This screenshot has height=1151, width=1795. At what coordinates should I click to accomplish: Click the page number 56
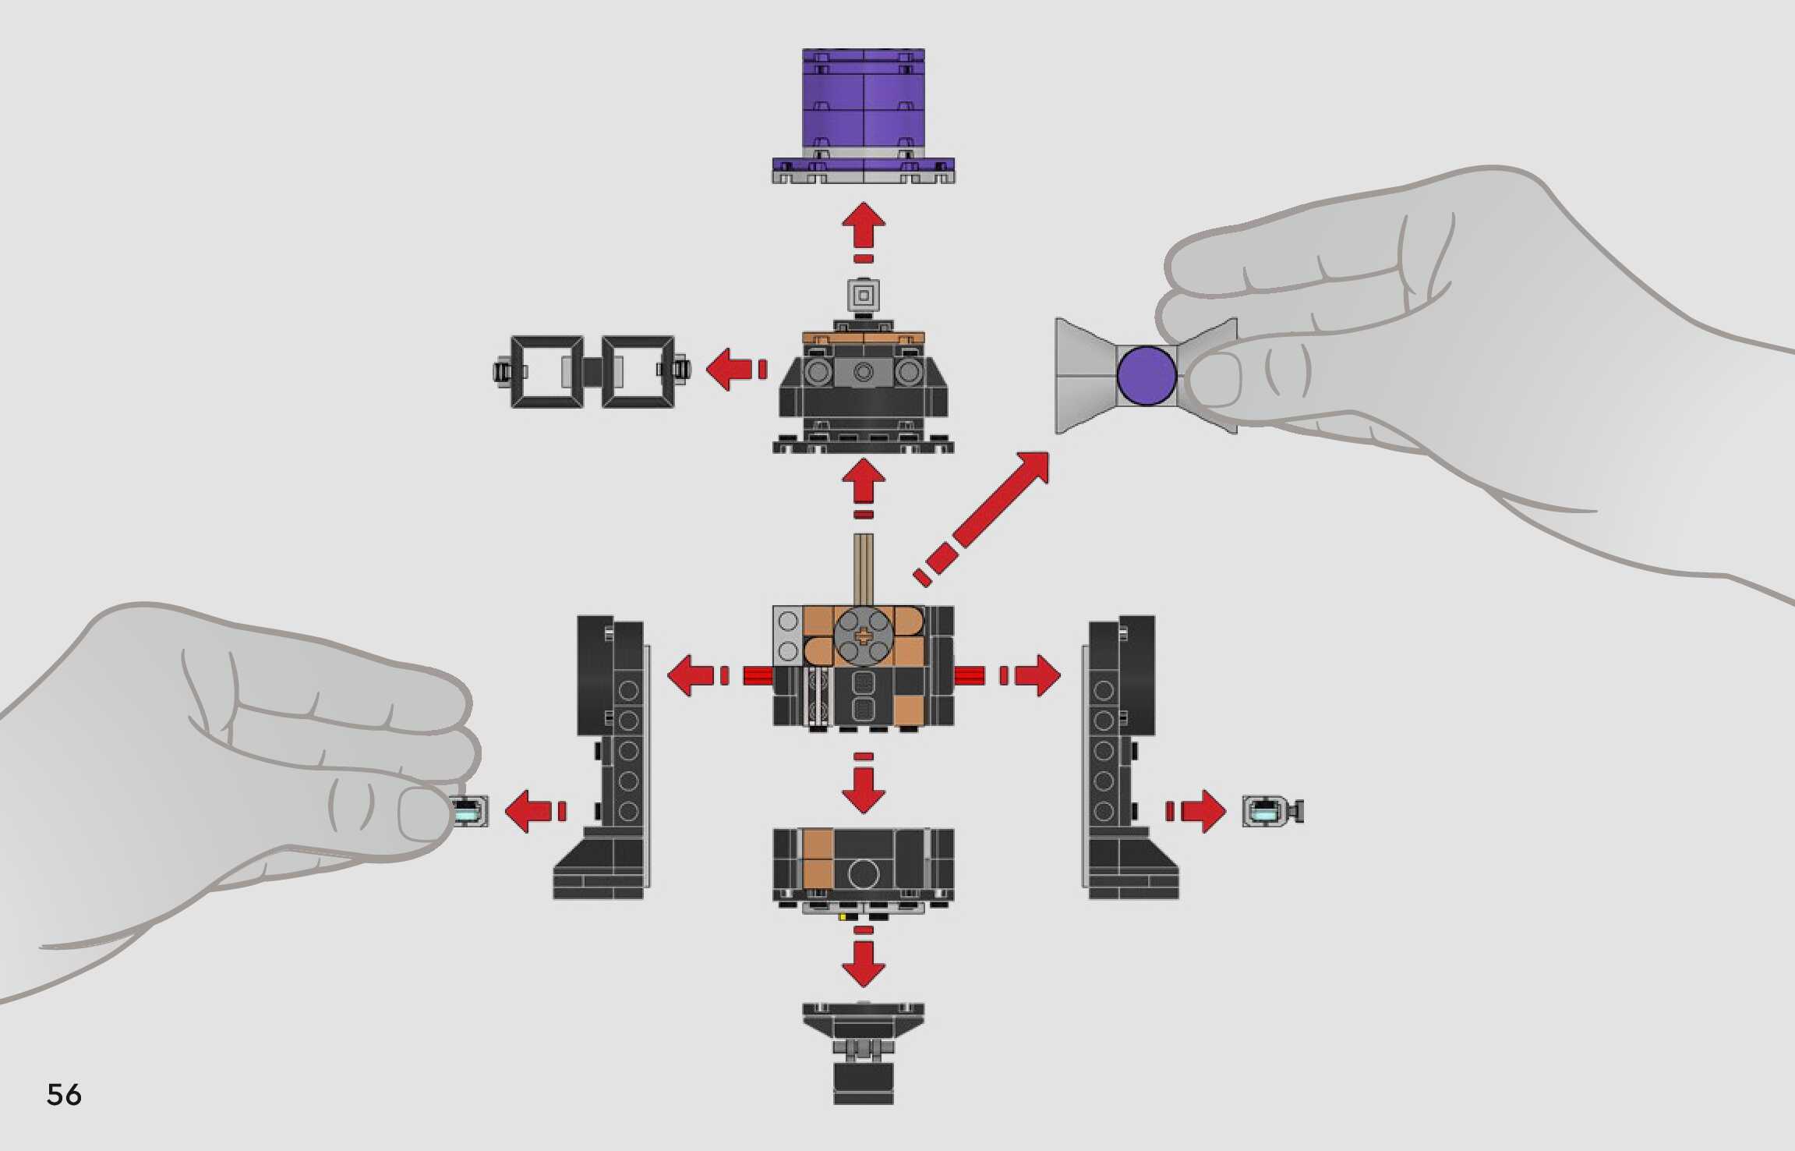tap(64, 1094)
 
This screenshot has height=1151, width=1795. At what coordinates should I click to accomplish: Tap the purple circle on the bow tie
tap(1146, 375)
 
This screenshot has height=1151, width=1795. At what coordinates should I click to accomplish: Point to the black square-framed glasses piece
tap(592, 371)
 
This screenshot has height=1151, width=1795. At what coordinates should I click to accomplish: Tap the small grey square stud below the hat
tap(863, 296)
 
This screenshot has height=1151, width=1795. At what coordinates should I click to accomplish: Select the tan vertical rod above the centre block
tap(863, 568)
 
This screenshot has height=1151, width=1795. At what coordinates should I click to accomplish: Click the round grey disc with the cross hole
tap(863, 636)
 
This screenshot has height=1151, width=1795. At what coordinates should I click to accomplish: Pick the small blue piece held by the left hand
tap(471, 812)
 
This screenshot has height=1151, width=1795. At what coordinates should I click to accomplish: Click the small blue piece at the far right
tap(1270, 811)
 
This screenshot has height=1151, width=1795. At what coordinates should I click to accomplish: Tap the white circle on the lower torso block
tap(863, 873)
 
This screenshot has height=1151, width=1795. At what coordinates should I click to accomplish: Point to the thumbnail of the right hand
tap(1214, 379)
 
